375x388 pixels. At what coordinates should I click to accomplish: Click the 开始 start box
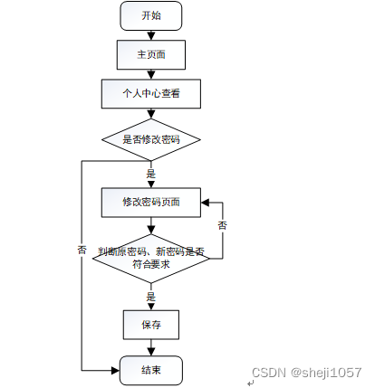tap(151, 15)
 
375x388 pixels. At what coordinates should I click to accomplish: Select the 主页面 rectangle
tap(151, 55)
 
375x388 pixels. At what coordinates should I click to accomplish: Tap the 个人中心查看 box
tap(151, 93)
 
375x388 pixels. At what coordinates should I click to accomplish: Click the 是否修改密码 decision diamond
tap(151, 139)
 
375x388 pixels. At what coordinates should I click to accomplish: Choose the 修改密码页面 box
tap(151, 203)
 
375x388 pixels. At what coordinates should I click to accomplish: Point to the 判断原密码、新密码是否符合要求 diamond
tap(151, 259)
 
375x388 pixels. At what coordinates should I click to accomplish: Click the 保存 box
tap(151, 325)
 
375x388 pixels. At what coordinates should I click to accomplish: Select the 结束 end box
tap(151, 370)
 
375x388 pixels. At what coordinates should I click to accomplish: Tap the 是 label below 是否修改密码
tap(151, 174)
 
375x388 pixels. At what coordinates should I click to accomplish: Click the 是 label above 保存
tap(151, 297)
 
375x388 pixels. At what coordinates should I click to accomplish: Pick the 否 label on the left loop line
tap(82, 250)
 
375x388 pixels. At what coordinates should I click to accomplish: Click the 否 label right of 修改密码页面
tap(223, 225)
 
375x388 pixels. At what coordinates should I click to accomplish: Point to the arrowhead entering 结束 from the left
tap(116, 370)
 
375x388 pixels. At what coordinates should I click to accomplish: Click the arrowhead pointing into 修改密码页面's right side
tap(205, 203)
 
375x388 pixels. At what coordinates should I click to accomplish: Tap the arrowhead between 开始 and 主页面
tap(151, 36)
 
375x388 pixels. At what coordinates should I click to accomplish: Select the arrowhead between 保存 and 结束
tap(151, 352)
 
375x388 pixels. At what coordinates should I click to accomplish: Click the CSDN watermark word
tap(269, 373)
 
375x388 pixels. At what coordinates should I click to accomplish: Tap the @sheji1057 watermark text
tap(326, 373)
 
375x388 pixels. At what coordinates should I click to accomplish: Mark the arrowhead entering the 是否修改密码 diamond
tap(151, 114)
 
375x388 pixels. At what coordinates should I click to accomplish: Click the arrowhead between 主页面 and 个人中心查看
tap(151, 75)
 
